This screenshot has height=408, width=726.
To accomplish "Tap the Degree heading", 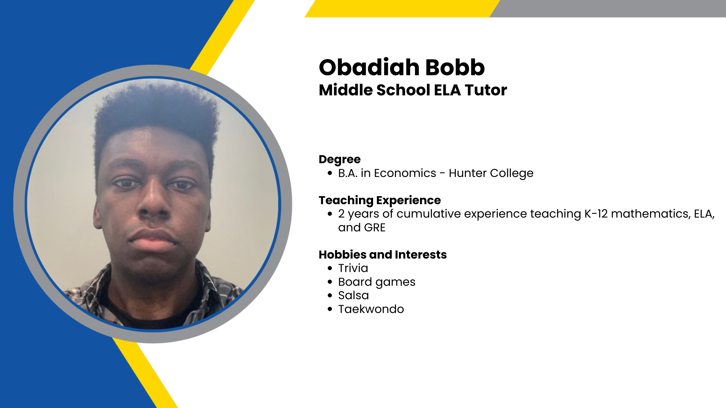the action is pos(339,160).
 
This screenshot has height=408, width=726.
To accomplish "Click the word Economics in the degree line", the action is pos(405,173).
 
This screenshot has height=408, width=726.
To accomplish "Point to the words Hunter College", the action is pos(491,174).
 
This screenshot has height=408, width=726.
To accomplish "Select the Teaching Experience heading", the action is pos(380,200).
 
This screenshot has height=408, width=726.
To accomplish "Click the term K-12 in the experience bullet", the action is pos(596,214).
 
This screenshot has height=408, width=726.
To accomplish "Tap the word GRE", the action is pos(374,228).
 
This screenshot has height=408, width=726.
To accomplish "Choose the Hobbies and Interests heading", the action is pos(383,255).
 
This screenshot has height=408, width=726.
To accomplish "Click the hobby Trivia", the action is pos(353,268).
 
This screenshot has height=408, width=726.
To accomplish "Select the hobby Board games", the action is pos(377,282).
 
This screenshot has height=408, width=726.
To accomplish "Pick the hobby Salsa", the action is pos(354,296).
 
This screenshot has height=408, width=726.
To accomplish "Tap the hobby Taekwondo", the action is pos(371,309).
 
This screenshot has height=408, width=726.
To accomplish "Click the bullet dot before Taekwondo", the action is pos(330,309).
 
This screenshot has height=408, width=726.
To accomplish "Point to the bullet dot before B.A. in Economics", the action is pos(330,173).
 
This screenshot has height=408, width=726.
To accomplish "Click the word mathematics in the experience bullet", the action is pos(650,214).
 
